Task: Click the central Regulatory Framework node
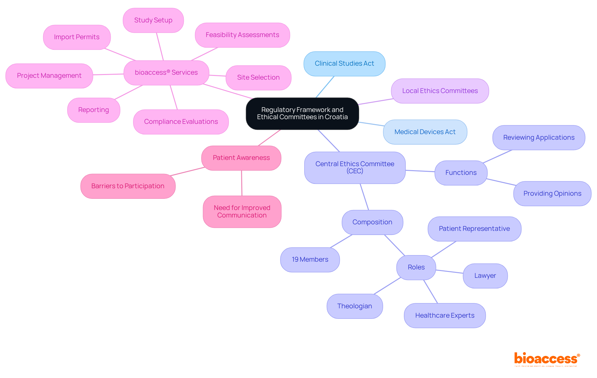click(x=302, y=114)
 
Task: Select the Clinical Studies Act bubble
click(x=344, y=64)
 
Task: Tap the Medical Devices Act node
click(x=425, y=132)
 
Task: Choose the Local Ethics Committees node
click(x=440, y=91)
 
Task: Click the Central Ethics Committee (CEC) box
click(x=354, y=168)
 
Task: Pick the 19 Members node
click(x=310, y=259)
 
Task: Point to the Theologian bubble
click(x=354, y=306)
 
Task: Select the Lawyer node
click(x=485, y=276)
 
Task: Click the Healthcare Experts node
click(x=445, y=315)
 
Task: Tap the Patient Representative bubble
click(x=474, y=229)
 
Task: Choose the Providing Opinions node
click(x=552, y=194)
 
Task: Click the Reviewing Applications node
click(x=539, y=138)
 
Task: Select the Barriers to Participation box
click(x=128, y=186)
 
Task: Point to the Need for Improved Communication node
click(x=242, y=212)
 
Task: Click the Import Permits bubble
click(x=76, y=37)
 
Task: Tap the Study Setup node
click(x=153, y=20)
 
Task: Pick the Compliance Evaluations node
click(x=181, y=122)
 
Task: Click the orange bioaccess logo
click(x=547, y=359)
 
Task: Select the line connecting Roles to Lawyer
click(x=449, y=272)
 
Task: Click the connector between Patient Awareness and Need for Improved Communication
click(x=242, y=183)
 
